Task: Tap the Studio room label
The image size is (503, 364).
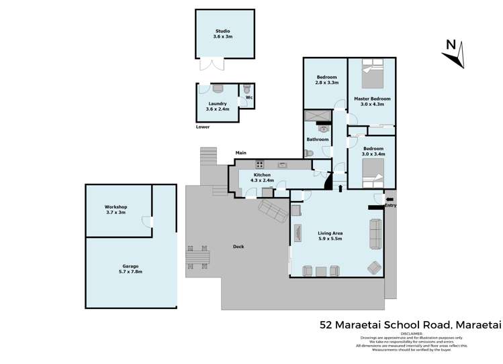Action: click(222, 34)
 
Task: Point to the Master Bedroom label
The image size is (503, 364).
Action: click(371, 102)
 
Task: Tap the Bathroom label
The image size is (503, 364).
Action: click(317, 139)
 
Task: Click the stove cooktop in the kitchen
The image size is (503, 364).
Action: click(259, 165)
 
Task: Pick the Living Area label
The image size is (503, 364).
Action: click(330, 235)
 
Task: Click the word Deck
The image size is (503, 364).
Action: click(238, 246)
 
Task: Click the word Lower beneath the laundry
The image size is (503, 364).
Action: click(203, 127)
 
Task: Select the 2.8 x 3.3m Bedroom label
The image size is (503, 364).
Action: click(327, 79)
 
